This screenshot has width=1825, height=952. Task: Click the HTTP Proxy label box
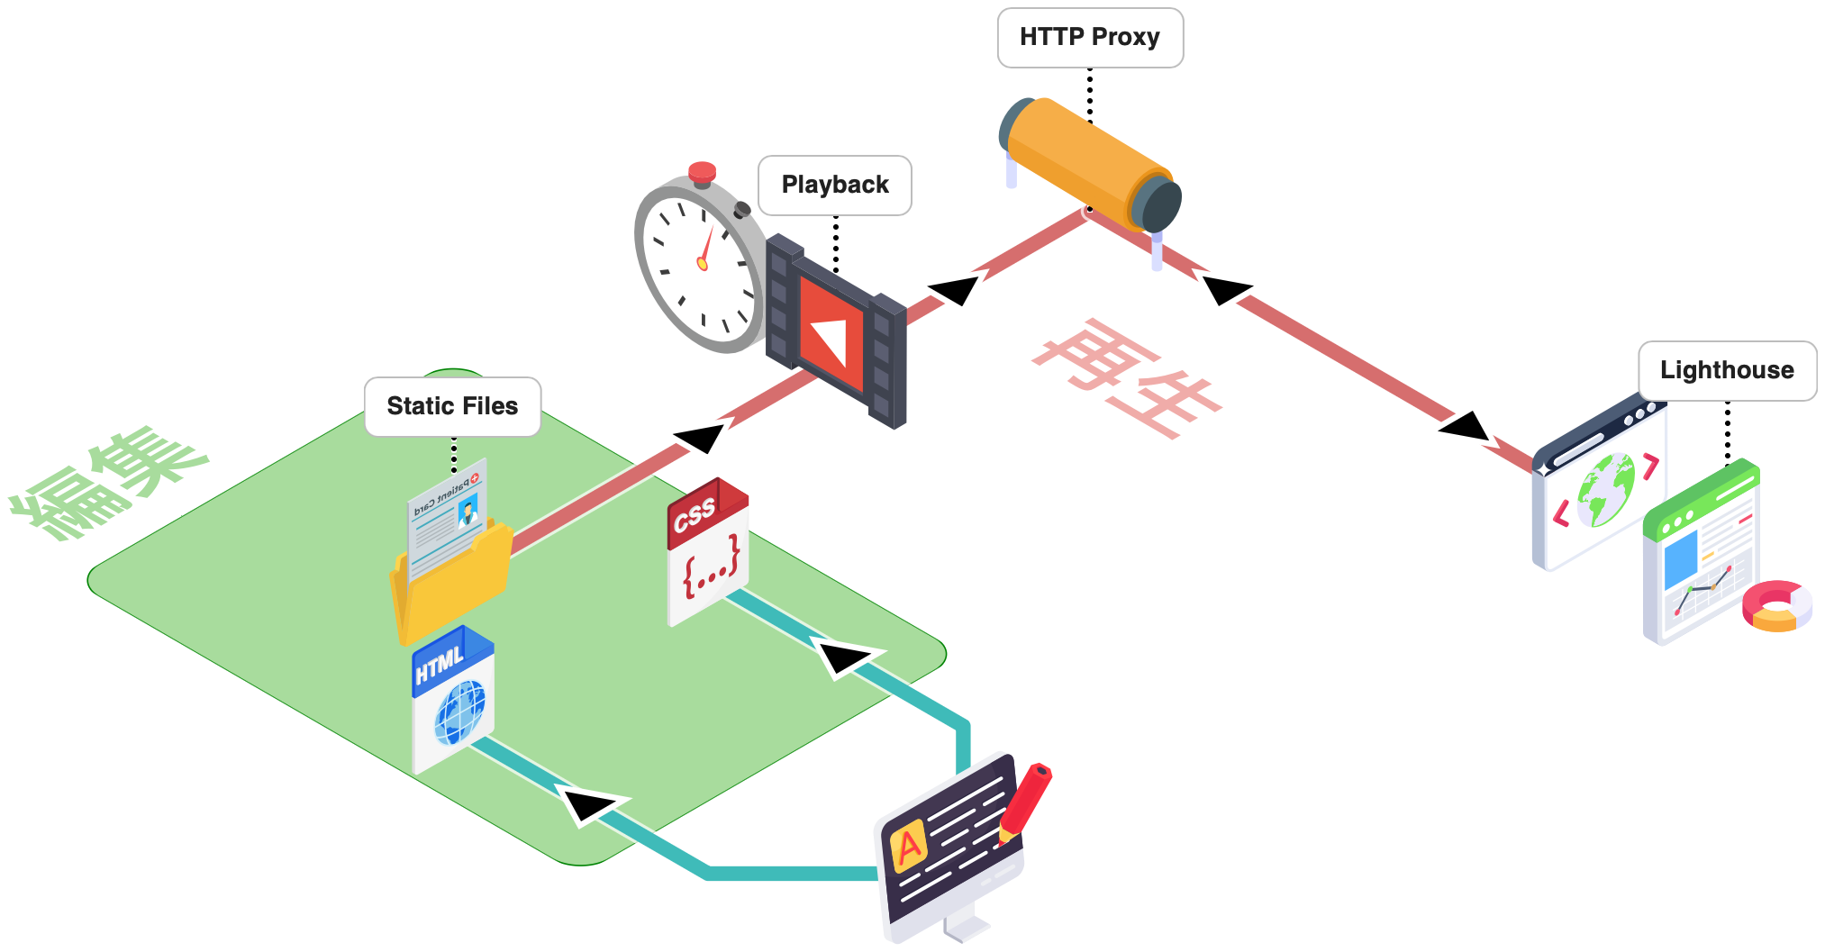[1090, 38]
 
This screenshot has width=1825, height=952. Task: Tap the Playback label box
[835, 186]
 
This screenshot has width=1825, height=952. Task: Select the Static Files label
[452, 407]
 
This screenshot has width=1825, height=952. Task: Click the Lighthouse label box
[1727, 371]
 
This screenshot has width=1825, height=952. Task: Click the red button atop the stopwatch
[702, 172]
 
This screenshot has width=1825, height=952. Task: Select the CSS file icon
[708, 551]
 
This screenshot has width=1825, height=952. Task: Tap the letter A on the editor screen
[909, 846]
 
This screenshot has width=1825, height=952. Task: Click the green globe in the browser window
[1605, 490]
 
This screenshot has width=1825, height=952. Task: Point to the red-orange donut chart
[1776, 606]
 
